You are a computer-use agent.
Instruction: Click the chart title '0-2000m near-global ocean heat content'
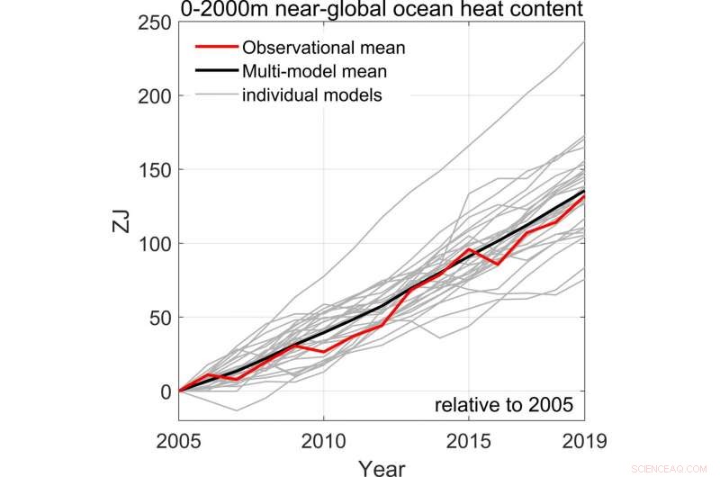point(382,10)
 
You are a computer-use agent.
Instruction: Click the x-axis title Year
point(382,466)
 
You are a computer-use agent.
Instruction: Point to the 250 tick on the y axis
point(156,22)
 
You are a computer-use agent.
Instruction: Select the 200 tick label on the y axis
point(156,96)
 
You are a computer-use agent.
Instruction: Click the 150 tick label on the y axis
point(156,170)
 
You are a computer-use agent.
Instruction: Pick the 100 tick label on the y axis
point(156,244)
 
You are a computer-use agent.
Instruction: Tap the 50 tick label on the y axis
point(160,318)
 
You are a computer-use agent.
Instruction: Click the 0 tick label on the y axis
point(166,391)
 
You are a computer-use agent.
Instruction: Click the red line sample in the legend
point(217,47)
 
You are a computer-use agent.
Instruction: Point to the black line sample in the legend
point(217,70)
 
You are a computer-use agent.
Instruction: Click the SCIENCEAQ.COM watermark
point(679,468)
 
